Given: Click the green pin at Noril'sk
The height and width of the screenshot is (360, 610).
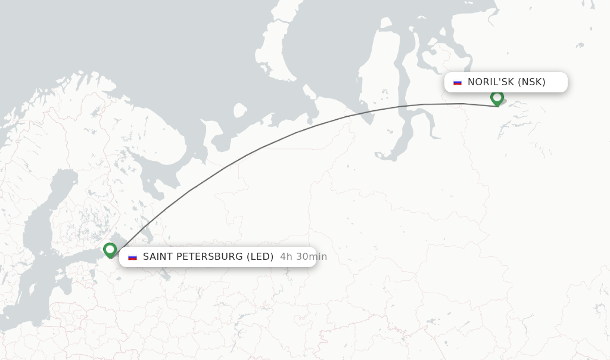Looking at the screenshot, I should point(497,98).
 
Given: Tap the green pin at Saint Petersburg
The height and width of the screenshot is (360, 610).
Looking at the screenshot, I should point(110,250).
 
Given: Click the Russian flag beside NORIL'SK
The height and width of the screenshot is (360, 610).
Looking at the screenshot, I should point(457,82).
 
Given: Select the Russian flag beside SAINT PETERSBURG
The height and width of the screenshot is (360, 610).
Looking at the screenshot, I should point(132,257).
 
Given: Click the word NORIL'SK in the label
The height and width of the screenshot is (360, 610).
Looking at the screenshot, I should point(491,82).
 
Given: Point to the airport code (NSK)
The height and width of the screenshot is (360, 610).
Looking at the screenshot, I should point(531,82).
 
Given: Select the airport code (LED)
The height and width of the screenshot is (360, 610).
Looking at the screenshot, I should point(260,257).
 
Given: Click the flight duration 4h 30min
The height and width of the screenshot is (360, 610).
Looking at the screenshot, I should point(303,257).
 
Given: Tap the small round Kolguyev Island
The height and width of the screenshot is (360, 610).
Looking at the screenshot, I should point(240,110).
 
